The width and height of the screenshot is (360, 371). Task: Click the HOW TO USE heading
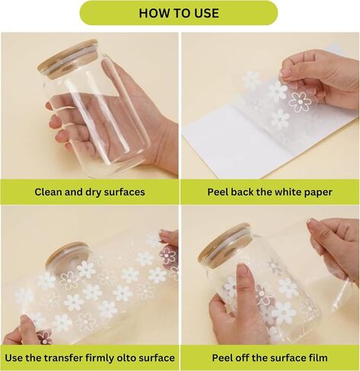tap(179, 13)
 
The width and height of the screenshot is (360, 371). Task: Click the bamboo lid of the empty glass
tap(68, 58)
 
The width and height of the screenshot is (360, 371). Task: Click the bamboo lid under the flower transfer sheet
tap(68, 256)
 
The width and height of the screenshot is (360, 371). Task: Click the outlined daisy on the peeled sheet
tap(300, 102)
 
